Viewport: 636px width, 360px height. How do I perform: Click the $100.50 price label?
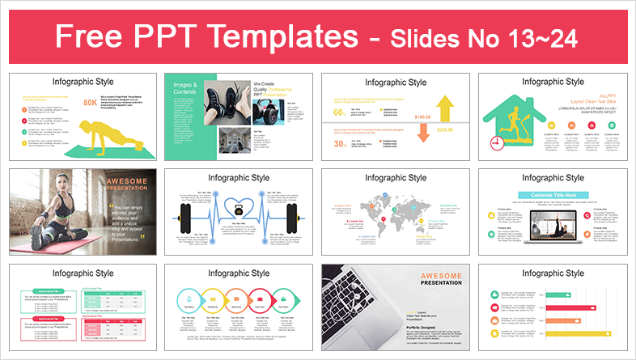[x=422, y=118]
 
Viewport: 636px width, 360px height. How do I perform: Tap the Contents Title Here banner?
[x=553, y=195]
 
